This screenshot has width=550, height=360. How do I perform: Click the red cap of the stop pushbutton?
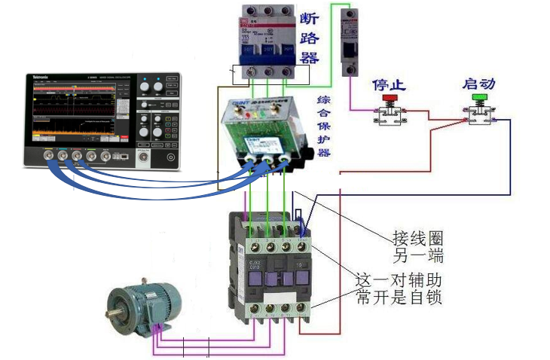(x=390, y=99)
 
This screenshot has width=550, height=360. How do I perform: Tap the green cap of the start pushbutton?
(x=478, y=98)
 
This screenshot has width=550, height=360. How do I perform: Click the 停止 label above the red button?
(x=390, y=84)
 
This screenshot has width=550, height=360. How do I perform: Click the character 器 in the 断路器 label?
(x=309, y=58)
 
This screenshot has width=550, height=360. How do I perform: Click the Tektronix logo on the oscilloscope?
(x=41, y=78)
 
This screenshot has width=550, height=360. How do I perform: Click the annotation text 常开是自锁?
(x=399, y=298)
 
